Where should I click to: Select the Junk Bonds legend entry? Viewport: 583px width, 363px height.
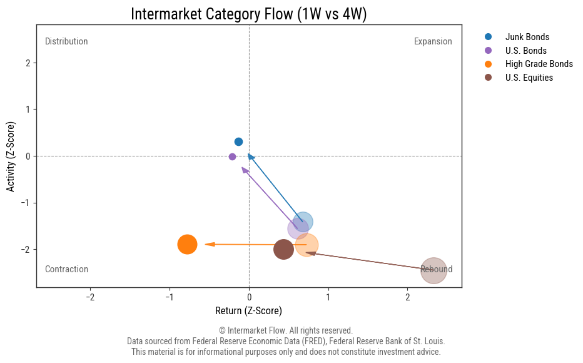pyautogui.click(x=527, y=37)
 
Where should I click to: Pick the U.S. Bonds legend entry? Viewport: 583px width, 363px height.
pyautogui.click(x=525, y=51)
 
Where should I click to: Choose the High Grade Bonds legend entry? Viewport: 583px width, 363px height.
pyautogui.click(x=539, y=64)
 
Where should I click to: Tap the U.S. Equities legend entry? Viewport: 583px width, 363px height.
pyautogui.click(x=529, y=78)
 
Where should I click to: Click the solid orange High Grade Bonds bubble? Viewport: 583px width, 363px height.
pyautogui.click(x=187, y=244)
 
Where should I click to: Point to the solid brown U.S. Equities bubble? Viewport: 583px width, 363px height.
pyautogui.click(x=283, y=250)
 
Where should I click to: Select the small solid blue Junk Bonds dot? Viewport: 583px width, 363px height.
pyautogui.click(x=238, y=142)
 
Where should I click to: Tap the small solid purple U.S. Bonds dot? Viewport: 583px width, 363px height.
pyautogui.click(x=232, y=157)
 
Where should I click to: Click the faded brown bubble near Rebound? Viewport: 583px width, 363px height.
pyautogui.click(x=433, y=270)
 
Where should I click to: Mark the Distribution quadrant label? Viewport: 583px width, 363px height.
pyautogui.click(x=66, y=42)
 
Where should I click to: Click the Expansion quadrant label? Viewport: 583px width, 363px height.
pyautogui.click(x=433, y=42)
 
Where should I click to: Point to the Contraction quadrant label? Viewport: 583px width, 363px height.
pyautogui.click(x=66, y=270)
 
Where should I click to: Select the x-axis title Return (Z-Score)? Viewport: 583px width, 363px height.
pyautogui.click(x=248, y=311)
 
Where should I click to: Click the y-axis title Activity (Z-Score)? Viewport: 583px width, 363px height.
pyautogui.click(x=11, y=156)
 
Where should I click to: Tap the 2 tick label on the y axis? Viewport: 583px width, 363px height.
pyautogui.click(x=28, y=63)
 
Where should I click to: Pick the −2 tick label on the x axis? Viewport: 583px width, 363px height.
pyautogui.click(x=90, y=296)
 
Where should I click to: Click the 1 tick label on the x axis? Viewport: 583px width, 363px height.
pyautogui.click(x=328, y=296)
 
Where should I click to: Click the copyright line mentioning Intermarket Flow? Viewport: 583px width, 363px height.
pyautogui.click(x=286, y=330)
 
